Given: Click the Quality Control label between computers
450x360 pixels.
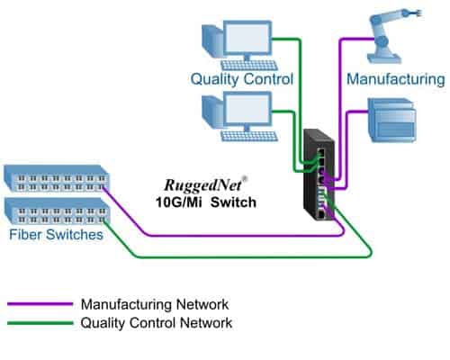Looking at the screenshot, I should click(x=242, y=79).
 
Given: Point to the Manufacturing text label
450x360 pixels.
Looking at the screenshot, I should click(x=396, y=79).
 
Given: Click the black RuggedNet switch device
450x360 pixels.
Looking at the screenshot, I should click(x=320, y=175).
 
